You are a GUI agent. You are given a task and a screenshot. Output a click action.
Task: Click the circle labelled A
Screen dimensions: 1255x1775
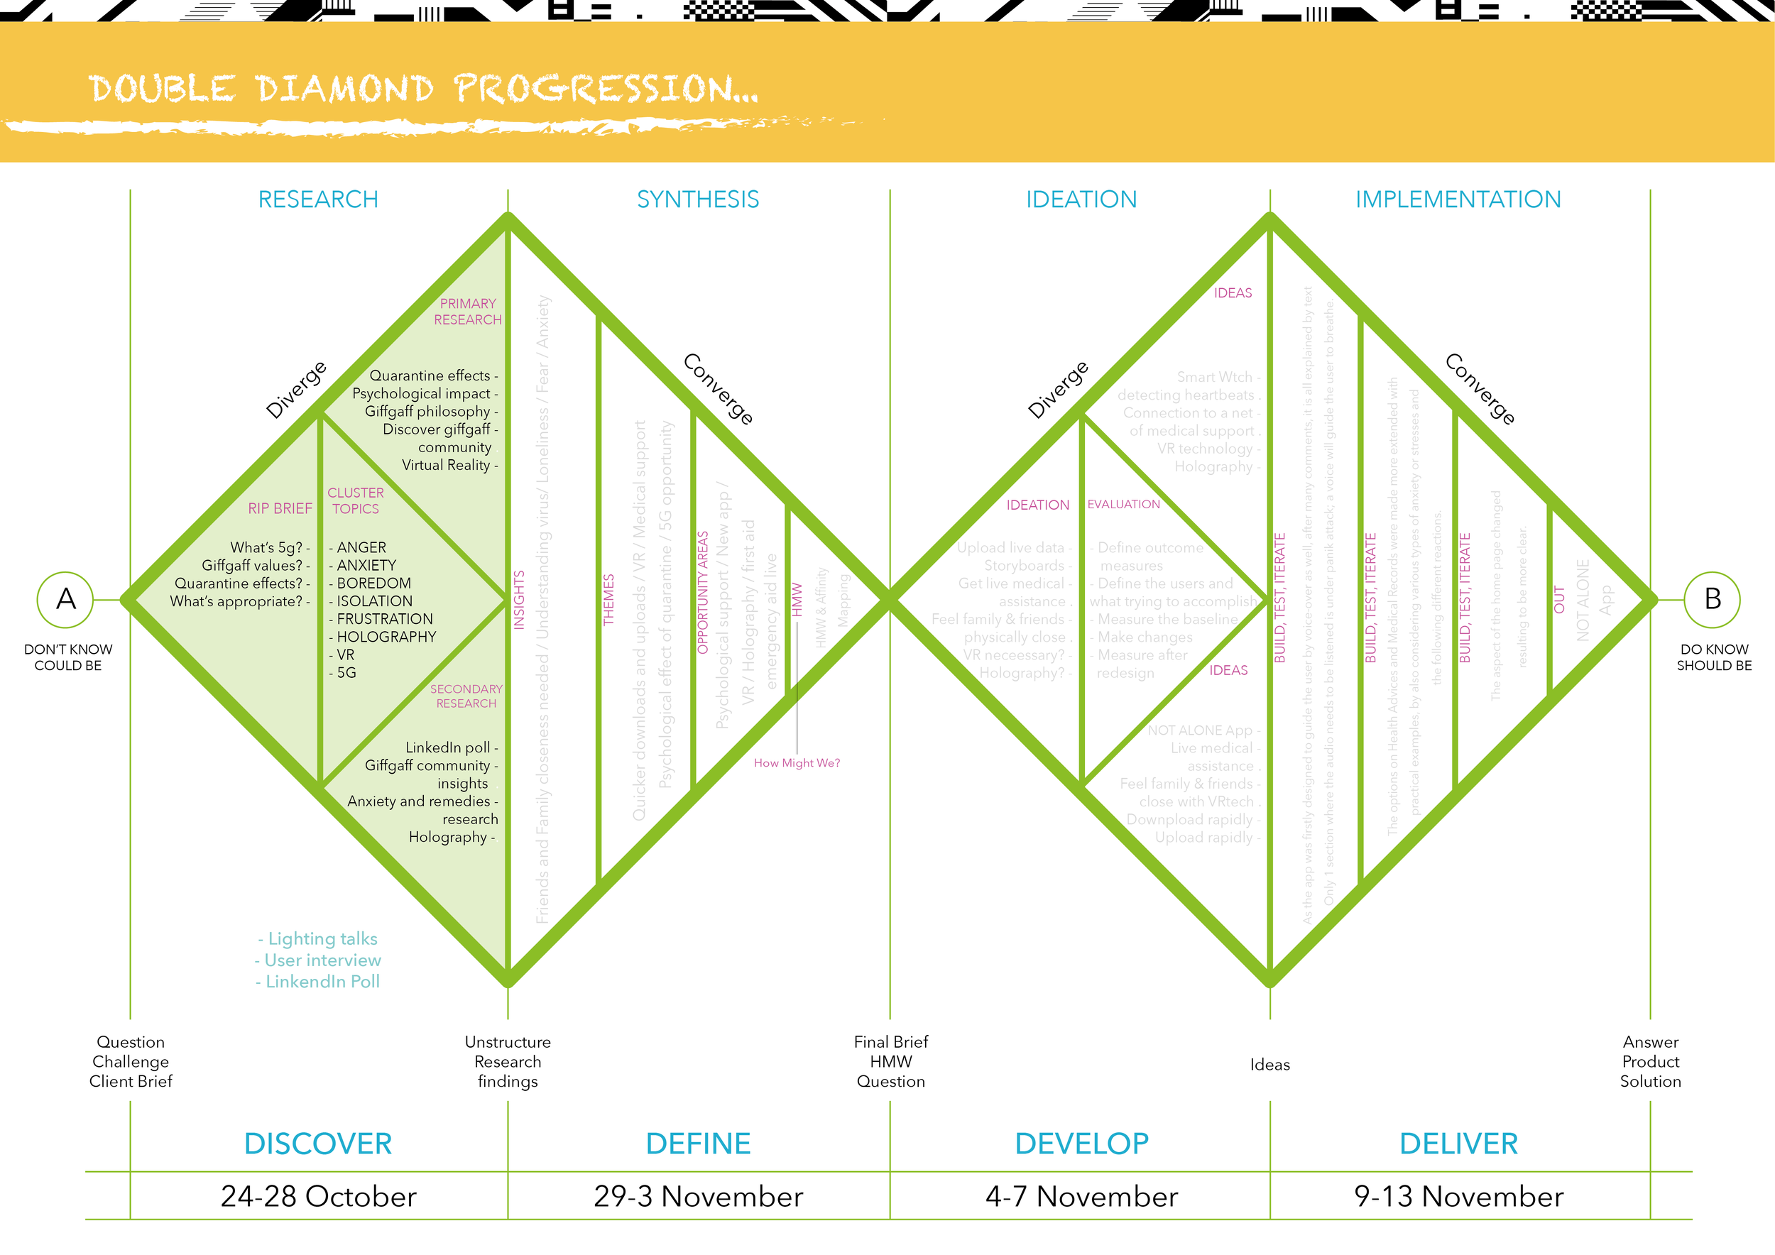(x=66, y=599)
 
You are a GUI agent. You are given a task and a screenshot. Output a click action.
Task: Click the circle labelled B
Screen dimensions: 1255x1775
(x=1713, y=599)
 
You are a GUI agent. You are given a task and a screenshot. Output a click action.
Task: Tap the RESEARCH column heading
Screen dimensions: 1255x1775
(x=318, y=199)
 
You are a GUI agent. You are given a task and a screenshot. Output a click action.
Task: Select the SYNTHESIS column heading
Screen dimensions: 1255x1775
(x=697, y=199)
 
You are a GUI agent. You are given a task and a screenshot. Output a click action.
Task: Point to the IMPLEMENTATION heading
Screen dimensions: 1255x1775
(x=1458, y=199)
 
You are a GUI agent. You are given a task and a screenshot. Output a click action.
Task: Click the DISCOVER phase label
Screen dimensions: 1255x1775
(x=318, y=1144)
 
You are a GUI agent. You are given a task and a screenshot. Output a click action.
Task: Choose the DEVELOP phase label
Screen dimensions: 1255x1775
(x=1081, y=1144)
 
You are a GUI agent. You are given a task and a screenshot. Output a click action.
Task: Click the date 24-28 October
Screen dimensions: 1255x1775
(x=318, y=1196)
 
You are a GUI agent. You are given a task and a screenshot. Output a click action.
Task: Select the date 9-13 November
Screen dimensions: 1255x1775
(x=1458, y=1196)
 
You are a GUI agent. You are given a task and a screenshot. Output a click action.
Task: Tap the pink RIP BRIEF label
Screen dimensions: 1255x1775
(x=280, y=508)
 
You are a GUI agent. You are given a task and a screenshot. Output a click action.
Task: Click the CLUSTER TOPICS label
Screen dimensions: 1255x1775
(x=356, y=500)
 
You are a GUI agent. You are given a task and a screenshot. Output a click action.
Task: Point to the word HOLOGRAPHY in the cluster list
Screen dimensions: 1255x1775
(x=386, y=637)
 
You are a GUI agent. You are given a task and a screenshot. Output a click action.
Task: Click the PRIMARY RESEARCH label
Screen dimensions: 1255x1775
(x=468, y=312)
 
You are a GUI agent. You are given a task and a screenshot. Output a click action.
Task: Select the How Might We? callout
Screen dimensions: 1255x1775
(x=797, y=763)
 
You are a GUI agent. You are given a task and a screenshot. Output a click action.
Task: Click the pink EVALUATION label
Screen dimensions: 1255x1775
(x=1123, y=504)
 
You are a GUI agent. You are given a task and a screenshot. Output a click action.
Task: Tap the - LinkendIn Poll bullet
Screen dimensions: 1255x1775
(x=318, y=982)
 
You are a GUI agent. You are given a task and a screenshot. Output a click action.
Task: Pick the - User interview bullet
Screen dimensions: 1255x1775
(x=318, y=960)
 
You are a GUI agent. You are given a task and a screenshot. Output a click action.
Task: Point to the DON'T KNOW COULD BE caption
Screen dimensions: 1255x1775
(x=68, y=657)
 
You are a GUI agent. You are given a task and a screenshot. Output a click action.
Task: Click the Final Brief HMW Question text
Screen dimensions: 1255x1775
(x=890, y=1062)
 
